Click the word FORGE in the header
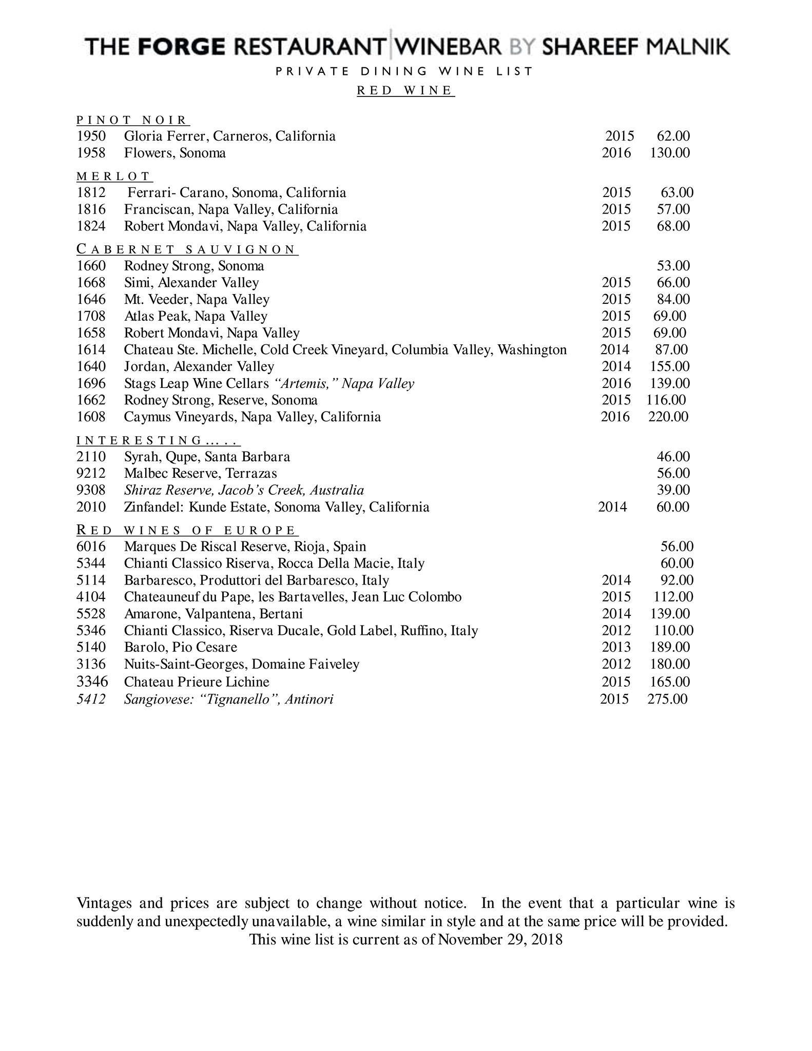[x=182, y=47]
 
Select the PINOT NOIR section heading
[x=132, y=120]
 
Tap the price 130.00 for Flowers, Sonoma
[x=669, y=153]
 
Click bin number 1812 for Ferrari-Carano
[x=91, y=192]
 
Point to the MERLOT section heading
[x=113, y=177]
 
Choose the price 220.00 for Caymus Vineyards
[x=668, y=417]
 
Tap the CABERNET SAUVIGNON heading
[x=186, y=249]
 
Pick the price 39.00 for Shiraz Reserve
[x=673, y=490]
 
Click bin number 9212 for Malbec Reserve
[x=91, y=473]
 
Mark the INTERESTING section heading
[x=158, y=440]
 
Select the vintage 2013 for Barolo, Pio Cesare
[x=616, y=647]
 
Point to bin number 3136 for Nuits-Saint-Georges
[x=91, y=664]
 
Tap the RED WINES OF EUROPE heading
[x=187, y=530]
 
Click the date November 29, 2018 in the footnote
[x=500, y=940]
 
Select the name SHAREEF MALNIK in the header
[x=635, y=47]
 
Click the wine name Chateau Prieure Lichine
[x=197, y=682]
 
